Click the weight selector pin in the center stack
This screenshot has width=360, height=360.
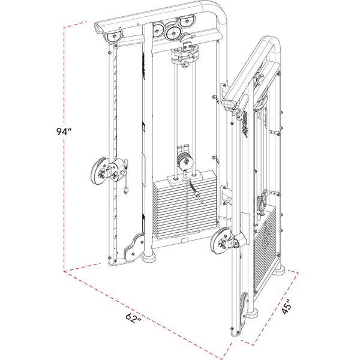click(x=194, y=194)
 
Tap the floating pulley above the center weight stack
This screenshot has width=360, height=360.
click(x=182, y=161)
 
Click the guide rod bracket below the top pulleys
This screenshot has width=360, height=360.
click(x=184, y=54)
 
